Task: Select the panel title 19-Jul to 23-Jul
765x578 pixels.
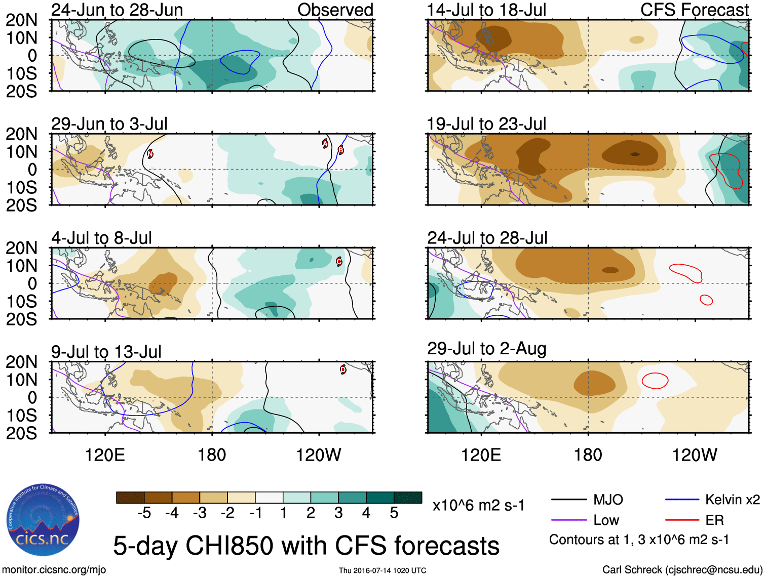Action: pos(486,123)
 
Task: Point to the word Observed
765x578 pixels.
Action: pos(335,10)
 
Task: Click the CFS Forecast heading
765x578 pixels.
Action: pos(694,10)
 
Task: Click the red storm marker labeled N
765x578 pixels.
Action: pos(150,154)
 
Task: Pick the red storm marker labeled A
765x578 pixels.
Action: pos(325,144)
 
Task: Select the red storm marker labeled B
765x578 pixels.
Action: pos(340,150)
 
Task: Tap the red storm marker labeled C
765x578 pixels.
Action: pos(339,262)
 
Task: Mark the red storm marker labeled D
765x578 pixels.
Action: pos(343,369)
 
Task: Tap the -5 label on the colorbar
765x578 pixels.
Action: pos(144,513)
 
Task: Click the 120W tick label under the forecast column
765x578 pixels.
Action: pos(694,455)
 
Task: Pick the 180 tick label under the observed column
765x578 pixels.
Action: pos(212,455)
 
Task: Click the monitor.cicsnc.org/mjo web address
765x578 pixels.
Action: pos(54,569)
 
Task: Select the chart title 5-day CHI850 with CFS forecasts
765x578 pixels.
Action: pos(306,546)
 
